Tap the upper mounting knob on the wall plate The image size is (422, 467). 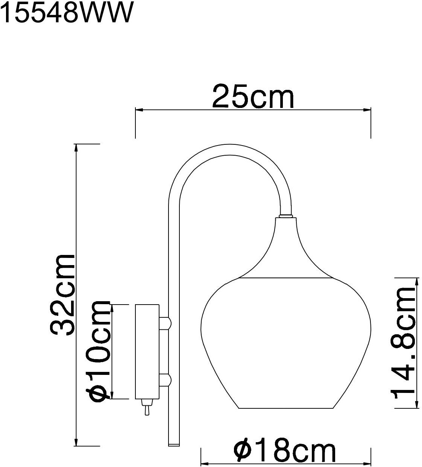166,323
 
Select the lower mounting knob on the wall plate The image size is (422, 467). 166,380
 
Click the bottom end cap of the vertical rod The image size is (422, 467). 174,444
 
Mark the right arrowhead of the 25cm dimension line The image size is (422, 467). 367,110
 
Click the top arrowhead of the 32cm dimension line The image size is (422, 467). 76,148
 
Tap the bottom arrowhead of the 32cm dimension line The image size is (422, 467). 76,442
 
